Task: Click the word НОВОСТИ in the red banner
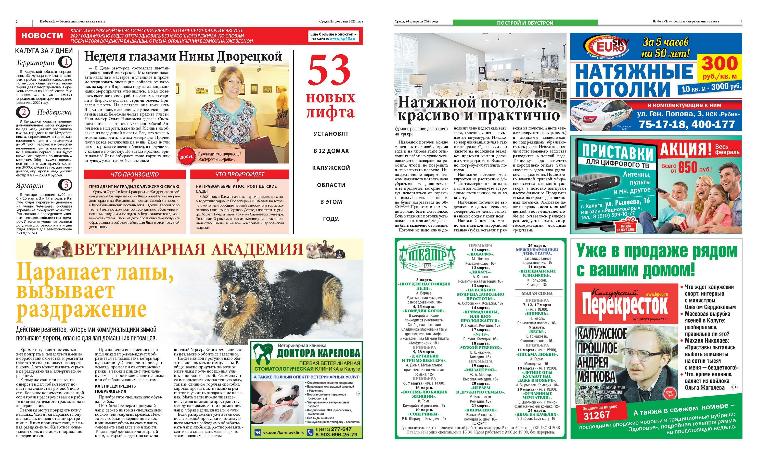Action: coord(42,36)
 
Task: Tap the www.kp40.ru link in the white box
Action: coord(342,39)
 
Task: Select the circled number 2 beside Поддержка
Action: coord(24,112)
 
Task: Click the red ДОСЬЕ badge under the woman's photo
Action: coord(186,157)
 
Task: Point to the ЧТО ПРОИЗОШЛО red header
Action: coord(135,174)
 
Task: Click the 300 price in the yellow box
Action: coord(720,64)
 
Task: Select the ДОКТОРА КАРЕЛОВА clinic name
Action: coord(318,353)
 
